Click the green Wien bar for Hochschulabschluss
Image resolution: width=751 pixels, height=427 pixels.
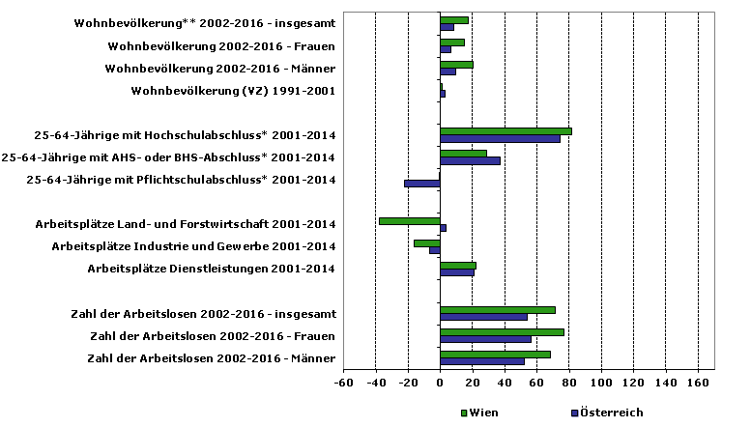505,131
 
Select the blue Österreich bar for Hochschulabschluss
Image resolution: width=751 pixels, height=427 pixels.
500,139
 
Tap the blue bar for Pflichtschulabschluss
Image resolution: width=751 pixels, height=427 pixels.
422,184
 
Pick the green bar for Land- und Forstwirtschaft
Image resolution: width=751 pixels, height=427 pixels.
410,220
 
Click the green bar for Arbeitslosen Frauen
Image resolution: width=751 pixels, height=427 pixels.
502,331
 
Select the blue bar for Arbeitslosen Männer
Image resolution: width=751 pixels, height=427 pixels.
482,361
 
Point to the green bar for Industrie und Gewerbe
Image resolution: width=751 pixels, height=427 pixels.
426,242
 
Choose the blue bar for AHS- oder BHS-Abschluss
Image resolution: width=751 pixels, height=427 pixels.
470,161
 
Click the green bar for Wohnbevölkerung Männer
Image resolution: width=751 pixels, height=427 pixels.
456,65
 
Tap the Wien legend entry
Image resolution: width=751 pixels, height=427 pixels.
480,413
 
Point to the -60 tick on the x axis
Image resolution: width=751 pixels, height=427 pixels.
343,384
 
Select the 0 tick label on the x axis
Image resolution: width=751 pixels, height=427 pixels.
440,384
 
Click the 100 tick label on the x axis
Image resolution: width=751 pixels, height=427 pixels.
601,384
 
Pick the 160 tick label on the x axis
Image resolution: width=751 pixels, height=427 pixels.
698,384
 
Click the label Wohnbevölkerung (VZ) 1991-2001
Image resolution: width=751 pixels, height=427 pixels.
232,91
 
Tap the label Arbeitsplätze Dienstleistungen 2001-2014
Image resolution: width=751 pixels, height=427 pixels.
211,269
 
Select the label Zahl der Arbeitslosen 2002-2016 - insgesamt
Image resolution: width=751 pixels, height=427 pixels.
203,314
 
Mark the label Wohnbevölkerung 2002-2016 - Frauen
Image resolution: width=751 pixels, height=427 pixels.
221,46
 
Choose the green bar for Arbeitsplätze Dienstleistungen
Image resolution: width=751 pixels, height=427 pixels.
457,265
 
